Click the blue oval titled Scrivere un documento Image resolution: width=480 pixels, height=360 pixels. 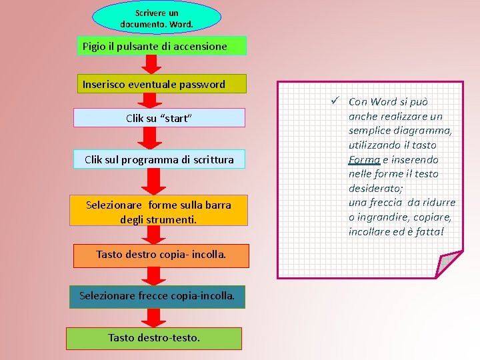click(156, 18)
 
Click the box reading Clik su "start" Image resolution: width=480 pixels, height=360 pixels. click(159, 118)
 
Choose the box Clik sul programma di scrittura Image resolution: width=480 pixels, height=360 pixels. click(159, 159)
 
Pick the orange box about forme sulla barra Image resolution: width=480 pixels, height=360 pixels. click(159, 211)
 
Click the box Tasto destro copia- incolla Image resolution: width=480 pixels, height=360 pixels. click(161, 255)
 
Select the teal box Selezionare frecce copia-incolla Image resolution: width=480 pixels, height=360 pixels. click(157, 295)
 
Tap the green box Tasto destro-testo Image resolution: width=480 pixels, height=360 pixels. click(154, 338)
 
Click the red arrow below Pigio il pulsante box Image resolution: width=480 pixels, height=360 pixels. click(153, 64)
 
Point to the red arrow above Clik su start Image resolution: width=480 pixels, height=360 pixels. click(153, 100)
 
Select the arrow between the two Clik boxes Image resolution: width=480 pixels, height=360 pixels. click(153, 137)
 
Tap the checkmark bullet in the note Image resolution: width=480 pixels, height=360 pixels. click(337, 101)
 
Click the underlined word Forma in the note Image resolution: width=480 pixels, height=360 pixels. click(364, 159)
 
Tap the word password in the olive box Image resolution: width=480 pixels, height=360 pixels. click(203, 85)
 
